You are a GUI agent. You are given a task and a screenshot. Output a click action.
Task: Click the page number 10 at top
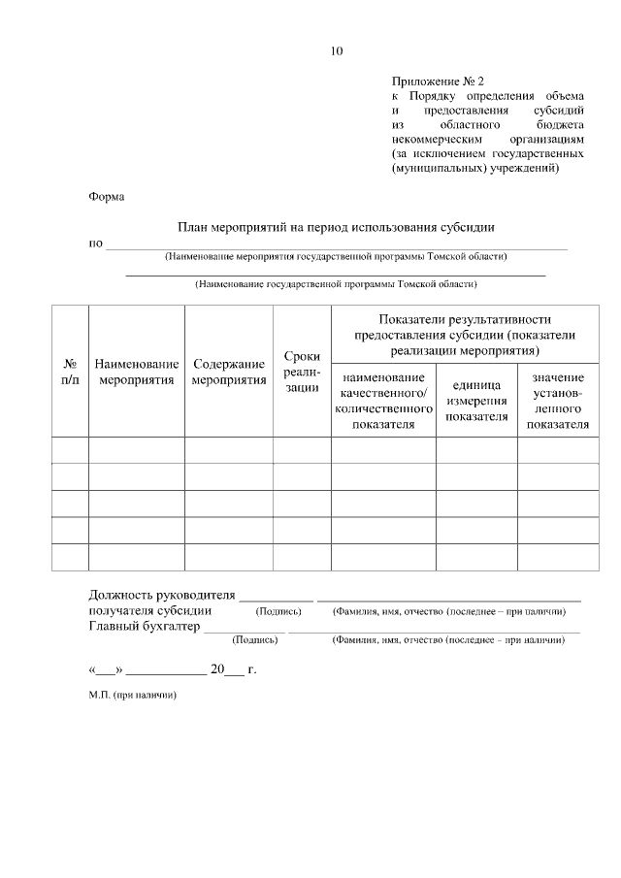(x=336, y=50)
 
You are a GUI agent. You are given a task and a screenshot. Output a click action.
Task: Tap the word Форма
(x=107, y=196)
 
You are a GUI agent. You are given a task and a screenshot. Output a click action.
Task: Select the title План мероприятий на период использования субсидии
(x=336, y=227)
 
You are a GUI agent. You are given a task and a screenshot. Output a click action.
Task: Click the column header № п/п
(x=70, y=372)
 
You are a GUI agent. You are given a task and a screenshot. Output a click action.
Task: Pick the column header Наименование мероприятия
(x=137, y=372)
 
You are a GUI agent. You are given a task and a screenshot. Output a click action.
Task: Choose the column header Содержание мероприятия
(x=229, y=372)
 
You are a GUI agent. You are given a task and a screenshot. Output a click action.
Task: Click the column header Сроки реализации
(x=302, y=372)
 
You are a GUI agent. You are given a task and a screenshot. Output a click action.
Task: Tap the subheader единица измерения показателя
(x=476, y=401)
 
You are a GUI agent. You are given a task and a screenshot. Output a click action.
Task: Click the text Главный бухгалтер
(x=145, y=627)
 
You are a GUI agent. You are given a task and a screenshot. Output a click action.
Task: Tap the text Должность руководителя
(x=162, y=595)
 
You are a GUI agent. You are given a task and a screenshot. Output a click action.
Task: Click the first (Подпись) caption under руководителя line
(x=278, y=612)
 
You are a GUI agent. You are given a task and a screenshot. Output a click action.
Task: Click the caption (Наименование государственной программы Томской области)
(x=336, y=285)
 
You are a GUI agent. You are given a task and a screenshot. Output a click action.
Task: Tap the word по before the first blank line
(x=95, y=243)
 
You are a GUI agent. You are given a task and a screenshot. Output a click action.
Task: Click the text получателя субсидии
(x=150, y=611)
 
